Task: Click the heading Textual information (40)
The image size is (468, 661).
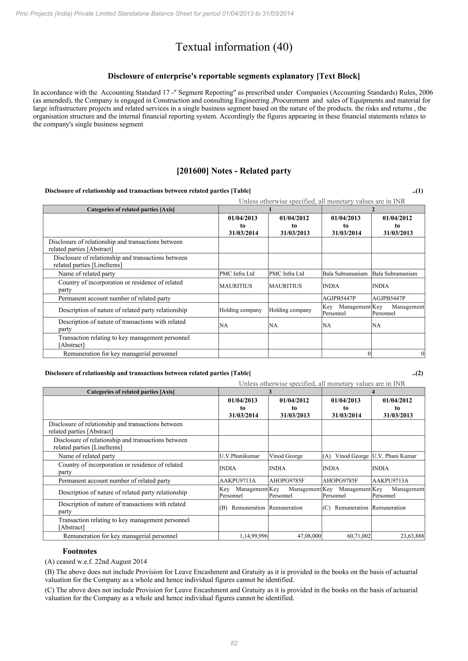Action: (x=234, y=47)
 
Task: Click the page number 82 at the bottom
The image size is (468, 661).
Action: (x=234, y=643)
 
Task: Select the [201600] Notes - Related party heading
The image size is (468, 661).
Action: (x=234, y=171)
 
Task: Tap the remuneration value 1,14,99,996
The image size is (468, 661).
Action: (x=254, y=536)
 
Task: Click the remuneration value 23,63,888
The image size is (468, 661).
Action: (x=412, y=536)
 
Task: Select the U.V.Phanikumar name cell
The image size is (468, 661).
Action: (x=239, y=456)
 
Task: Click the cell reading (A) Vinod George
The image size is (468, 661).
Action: (x=346, y=456)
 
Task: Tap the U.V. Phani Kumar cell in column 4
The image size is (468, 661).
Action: (x=394, y=456)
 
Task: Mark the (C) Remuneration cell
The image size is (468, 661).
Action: (x=345, y=508)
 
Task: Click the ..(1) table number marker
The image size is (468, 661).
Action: (x=417, y=191)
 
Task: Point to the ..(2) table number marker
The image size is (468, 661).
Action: (x=417, y=373)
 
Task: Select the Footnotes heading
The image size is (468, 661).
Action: (x=80, y=551)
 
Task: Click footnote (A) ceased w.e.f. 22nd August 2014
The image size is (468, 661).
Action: (x=96, y=562)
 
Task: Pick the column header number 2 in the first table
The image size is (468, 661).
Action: (x=373, y=209)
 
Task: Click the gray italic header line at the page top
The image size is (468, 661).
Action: (x=155, y=13)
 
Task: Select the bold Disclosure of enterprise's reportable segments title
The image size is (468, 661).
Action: (x=234, y=76)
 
